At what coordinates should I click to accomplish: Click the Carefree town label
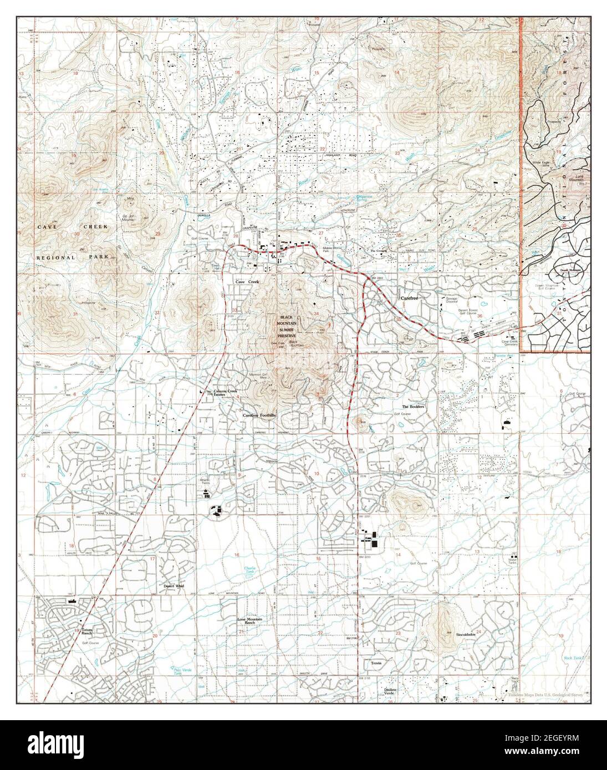[412, 299]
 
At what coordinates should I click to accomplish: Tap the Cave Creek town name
[247, 283]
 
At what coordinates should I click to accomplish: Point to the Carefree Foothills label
[259, 414]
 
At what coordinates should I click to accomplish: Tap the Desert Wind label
[173, 585]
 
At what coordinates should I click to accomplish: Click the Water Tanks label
[513, 562]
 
